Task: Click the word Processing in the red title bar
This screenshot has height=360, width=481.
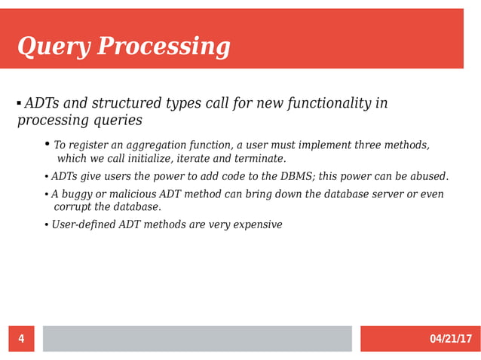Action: click(164, 47)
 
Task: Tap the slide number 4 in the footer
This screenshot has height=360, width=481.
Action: click(21, 339)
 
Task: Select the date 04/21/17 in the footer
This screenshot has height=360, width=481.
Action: click(450, 339)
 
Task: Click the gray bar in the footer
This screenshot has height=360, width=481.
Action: click(197, 339)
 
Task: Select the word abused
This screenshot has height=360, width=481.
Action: click(427, 176)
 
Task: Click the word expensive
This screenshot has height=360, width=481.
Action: click(256, 224)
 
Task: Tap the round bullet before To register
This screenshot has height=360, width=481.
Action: click(47, 144)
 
